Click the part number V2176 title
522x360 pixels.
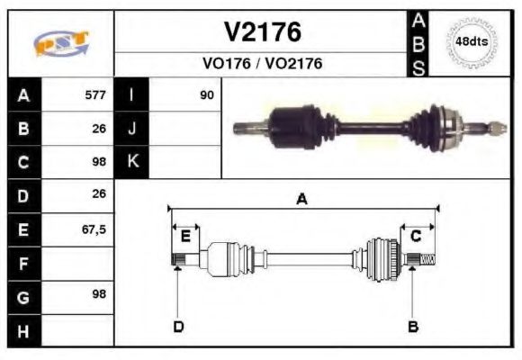coord(262,32)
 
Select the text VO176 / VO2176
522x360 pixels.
coord(262,64)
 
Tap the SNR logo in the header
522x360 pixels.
coord(60,43)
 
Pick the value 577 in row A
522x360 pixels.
coord(94,95)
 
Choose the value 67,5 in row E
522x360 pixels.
coord(94,229)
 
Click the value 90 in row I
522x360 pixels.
coord(207,95)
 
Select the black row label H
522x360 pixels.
coord(23,331)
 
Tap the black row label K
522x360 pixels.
coord(132,162)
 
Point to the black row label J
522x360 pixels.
coord(132,129)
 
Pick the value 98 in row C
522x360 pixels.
coord(97,162)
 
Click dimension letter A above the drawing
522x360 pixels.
coord(301,200)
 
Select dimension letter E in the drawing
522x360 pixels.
coord(185,236)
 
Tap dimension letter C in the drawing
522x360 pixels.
coord(416,236)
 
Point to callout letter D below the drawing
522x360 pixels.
coord(178,326)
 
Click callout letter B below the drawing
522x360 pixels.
coord(412,326)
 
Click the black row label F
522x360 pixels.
coord(23,264)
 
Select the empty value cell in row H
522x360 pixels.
coord(77,331)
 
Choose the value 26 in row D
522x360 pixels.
coord(98,194)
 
